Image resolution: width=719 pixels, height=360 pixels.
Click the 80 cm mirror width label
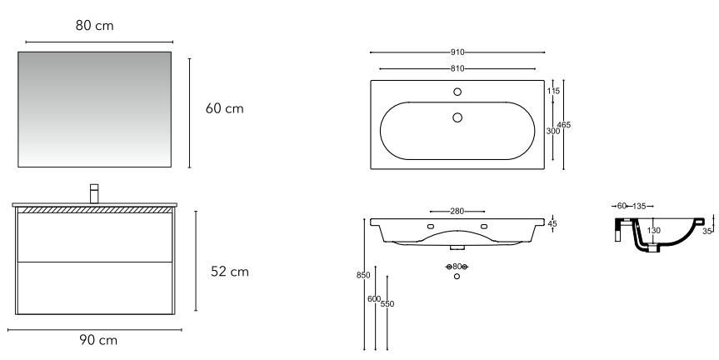(94, 26)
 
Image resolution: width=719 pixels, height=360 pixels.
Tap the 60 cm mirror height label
(225, 108)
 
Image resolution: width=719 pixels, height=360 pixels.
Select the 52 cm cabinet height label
(230, 272)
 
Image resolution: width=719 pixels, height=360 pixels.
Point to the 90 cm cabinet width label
(98, 340)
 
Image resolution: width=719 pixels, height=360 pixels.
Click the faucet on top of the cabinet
(94, 193)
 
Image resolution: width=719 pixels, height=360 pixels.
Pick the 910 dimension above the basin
(457, 52)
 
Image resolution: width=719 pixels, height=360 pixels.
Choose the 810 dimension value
(457, 69)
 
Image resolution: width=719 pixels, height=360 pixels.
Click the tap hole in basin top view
(457, 92)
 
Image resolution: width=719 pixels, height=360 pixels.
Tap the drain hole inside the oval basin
(457, 117)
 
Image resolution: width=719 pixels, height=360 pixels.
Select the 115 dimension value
(553, 92)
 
